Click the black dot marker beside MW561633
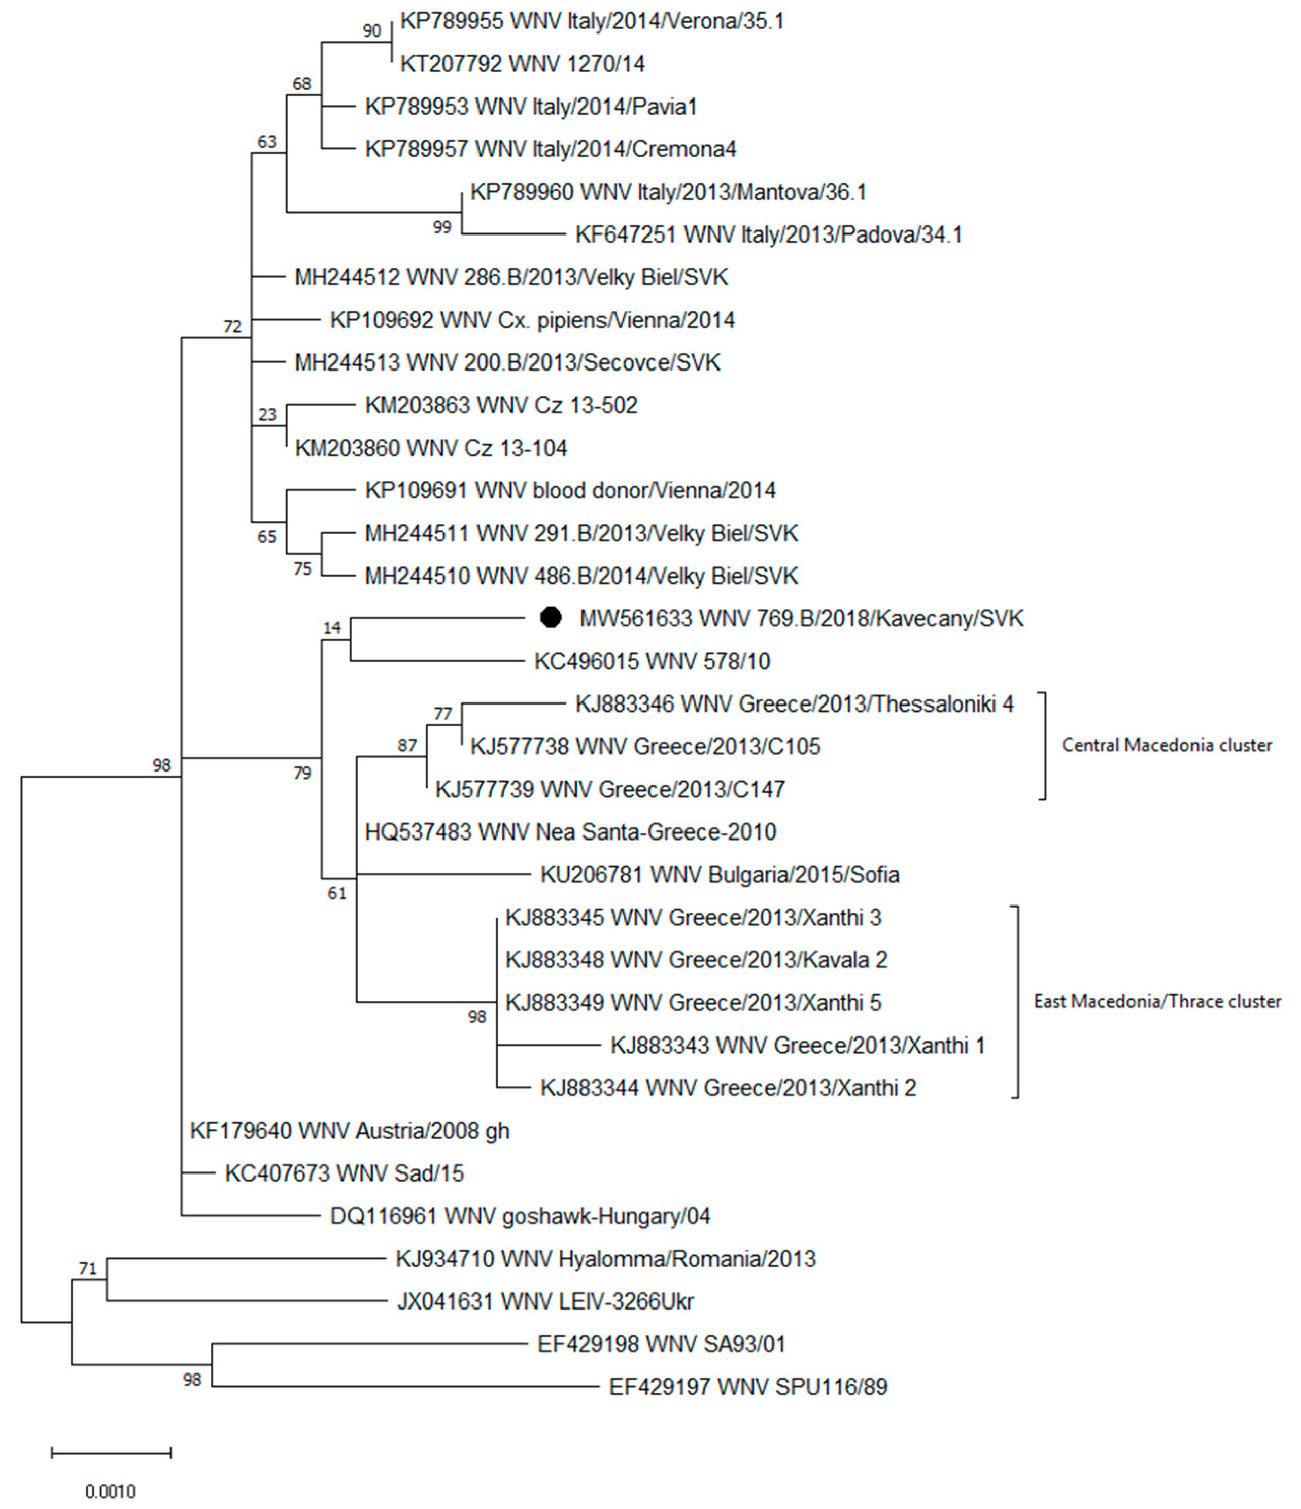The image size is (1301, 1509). point(551,618)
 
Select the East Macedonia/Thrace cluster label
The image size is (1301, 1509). point(1157,1001)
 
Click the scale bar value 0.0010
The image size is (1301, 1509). point(111,1492)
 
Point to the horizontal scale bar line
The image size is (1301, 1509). point(111,1453)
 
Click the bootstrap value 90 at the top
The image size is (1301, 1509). point(371,30)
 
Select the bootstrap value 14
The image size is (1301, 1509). point(331,628)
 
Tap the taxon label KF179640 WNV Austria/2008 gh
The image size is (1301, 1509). point(350,1131)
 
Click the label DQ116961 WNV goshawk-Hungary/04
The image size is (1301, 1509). point(520,1216)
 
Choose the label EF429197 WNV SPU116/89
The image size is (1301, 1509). point(748,1387)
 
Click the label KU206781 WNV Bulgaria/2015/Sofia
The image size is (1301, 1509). point(720,875)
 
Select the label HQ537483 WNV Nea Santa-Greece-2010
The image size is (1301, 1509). point(570,832)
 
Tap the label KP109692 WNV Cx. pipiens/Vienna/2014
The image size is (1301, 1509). point(532,320)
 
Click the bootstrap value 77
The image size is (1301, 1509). point(442,714)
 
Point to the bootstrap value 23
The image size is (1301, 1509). point(267,414)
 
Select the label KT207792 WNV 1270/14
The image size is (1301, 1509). point(522,64)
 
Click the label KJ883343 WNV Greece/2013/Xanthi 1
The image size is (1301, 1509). point(797,1046)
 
